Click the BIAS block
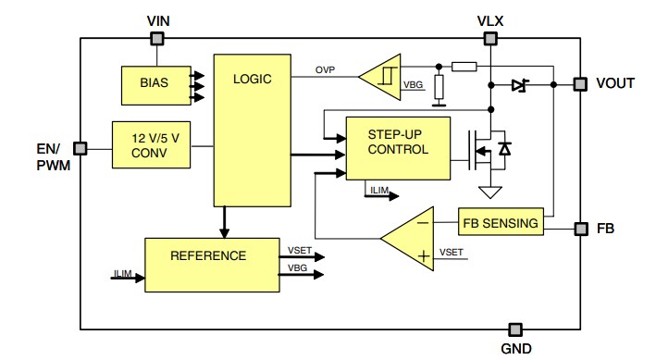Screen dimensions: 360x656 pyautogui.click(x=153, y=84)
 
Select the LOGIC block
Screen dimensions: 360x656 pyautogui.click(x=251, y=130)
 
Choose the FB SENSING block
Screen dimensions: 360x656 pyautogui.click(x=501, y=222)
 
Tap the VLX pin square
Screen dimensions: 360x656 pyautogui.click(x=490, y=38)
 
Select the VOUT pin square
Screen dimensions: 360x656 pyautogui.click(x=579, y=84)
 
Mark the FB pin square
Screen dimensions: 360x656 pyautogui.click(x=579, y=227)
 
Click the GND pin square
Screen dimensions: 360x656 pyautogui.click(x=514, y=329)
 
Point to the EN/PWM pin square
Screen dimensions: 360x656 pyautogui.click(x=80, y=147)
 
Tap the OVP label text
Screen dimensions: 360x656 pyautogui.click(x=325, y=70)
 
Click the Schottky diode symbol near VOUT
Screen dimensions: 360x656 pyautogui.click(x=518, y=84)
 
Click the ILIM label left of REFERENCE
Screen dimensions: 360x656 pyautogui.click(x=124, y=275)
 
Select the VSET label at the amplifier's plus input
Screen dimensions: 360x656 pyautogui.click(x=452, y=252)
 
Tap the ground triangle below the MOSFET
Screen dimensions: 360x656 pyautogui.click(x=490, y=192)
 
